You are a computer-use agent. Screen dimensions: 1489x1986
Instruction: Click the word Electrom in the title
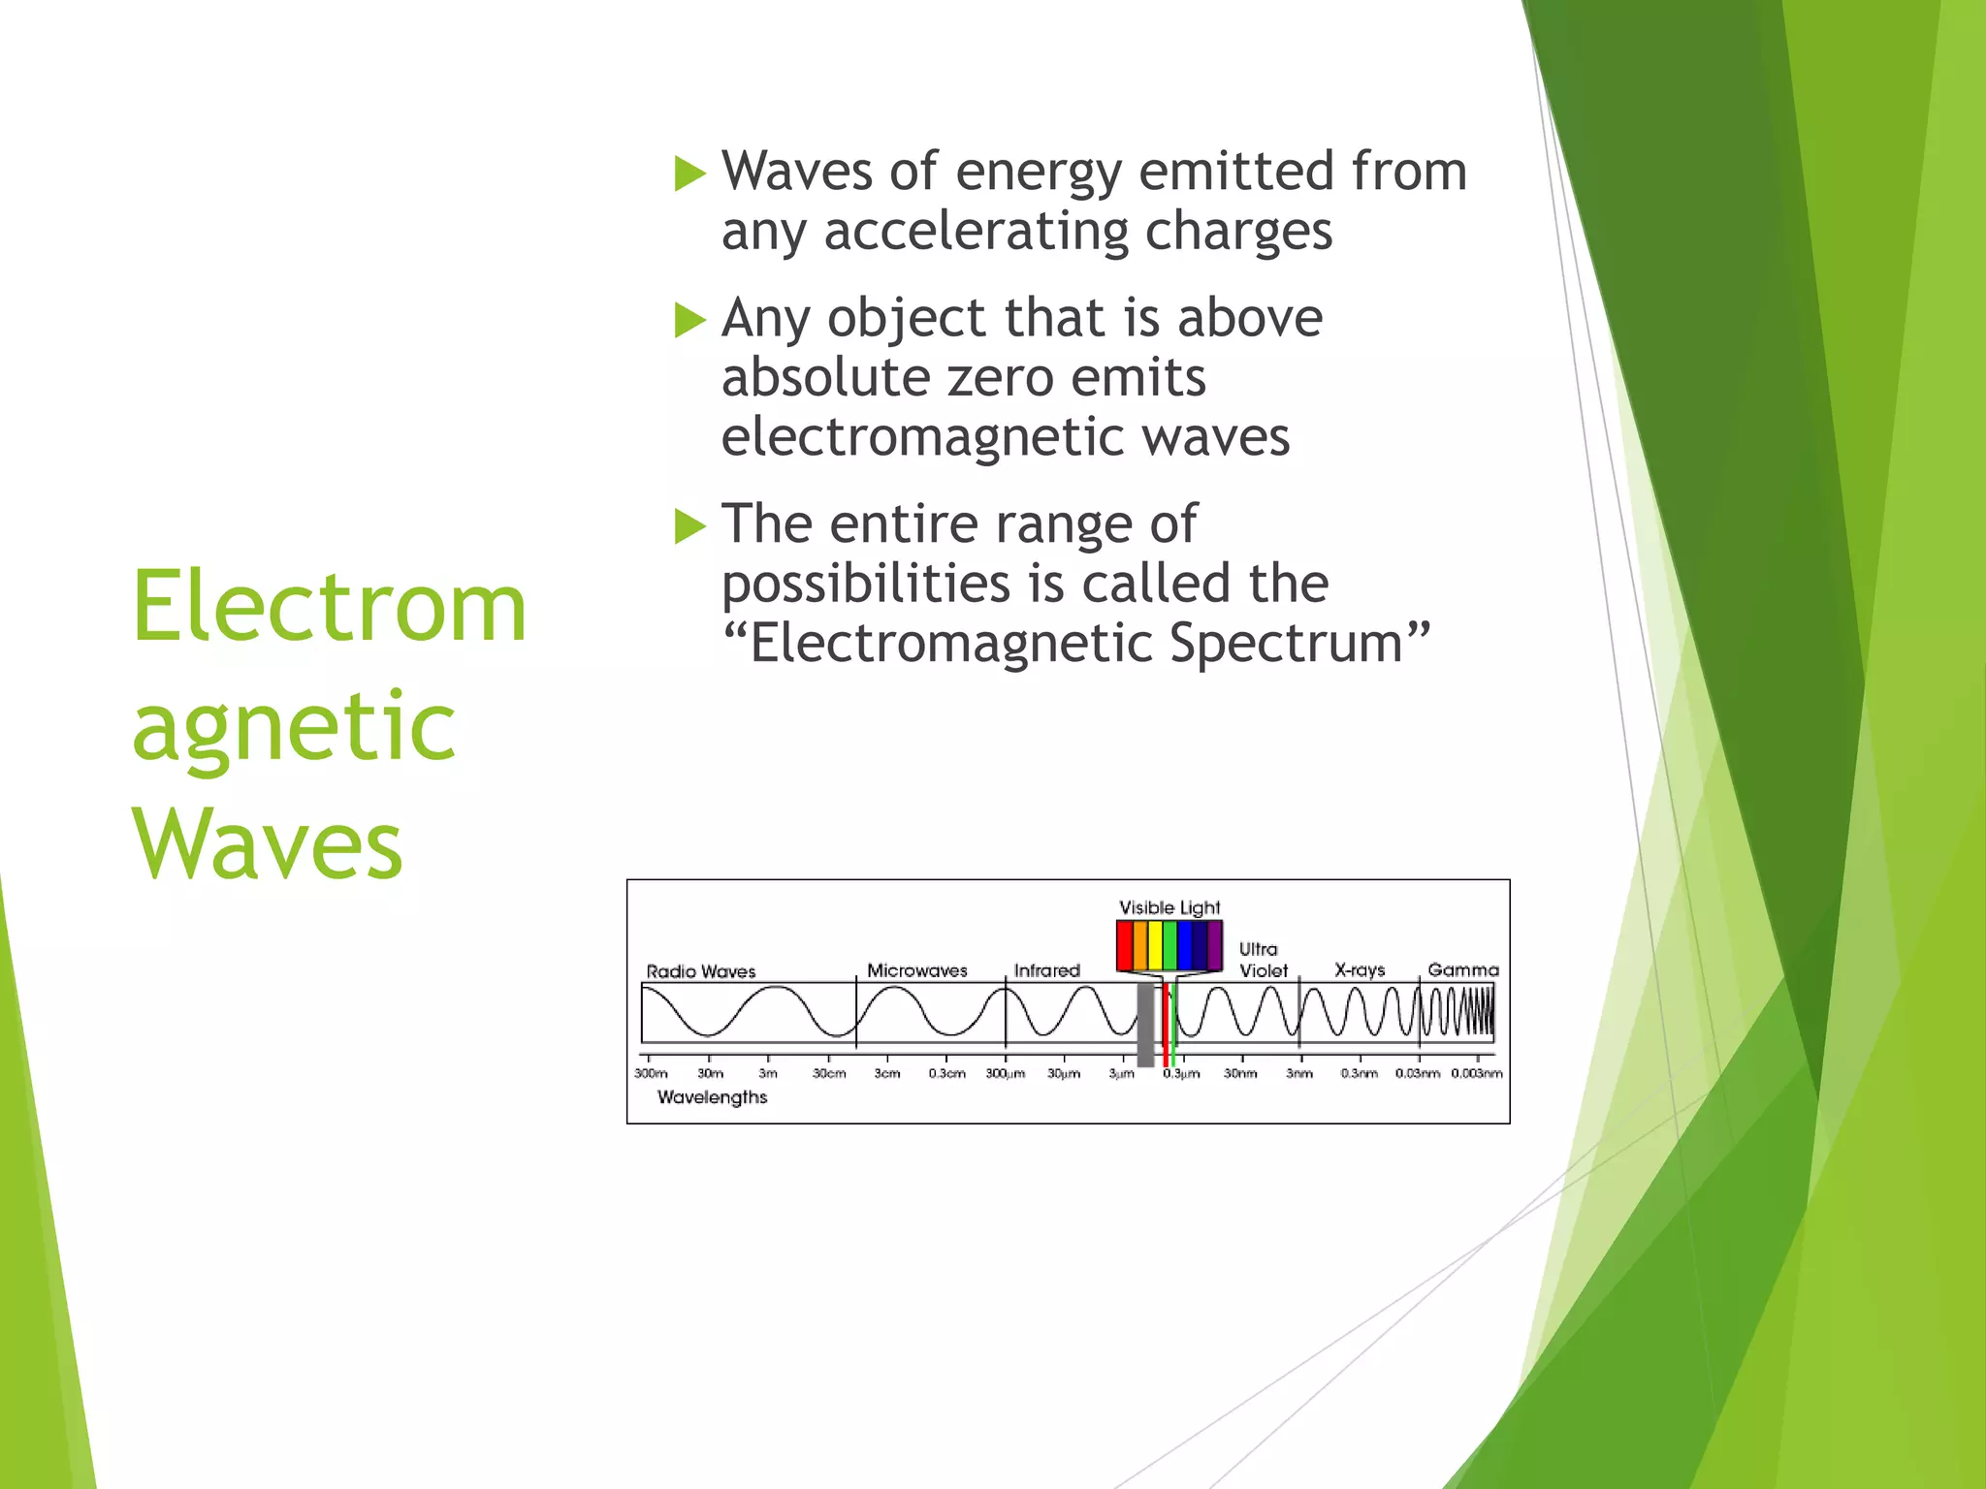coord(329,608)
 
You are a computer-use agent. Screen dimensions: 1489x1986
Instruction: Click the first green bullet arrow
coord(689,174)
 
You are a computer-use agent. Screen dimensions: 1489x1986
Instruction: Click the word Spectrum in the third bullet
coord(1299,644)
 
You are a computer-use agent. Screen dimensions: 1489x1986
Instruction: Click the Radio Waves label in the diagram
coord(700,971)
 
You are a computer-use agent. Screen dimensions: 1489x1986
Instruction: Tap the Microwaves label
coord(916,970)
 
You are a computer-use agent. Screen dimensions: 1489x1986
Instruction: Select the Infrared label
coord(1046,970)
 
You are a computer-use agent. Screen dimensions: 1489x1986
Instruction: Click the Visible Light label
coord(1169,908)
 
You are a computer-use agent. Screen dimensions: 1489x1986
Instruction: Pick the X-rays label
coord(1360,969)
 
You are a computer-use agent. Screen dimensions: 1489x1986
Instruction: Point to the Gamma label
coord(1462,969)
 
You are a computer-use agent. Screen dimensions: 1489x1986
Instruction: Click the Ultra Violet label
coord(1263,960)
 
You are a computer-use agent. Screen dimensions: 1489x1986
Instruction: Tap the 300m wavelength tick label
coord(651,1073)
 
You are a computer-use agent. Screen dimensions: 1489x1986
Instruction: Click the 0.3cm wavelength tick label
coord(946,1073)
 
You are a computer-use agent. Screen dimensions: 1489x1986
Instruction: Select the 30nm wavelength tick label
coord(1240,1073)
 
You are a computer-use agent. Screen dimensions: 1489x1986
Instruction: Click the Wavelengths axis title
coord(712,1097)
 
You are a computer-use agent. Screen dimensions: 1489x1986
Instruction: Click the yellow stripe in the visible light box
coord(1155,945)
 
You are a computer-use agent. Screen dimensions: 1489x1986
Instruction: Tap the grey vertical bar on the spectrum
coord(1145,1025)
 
